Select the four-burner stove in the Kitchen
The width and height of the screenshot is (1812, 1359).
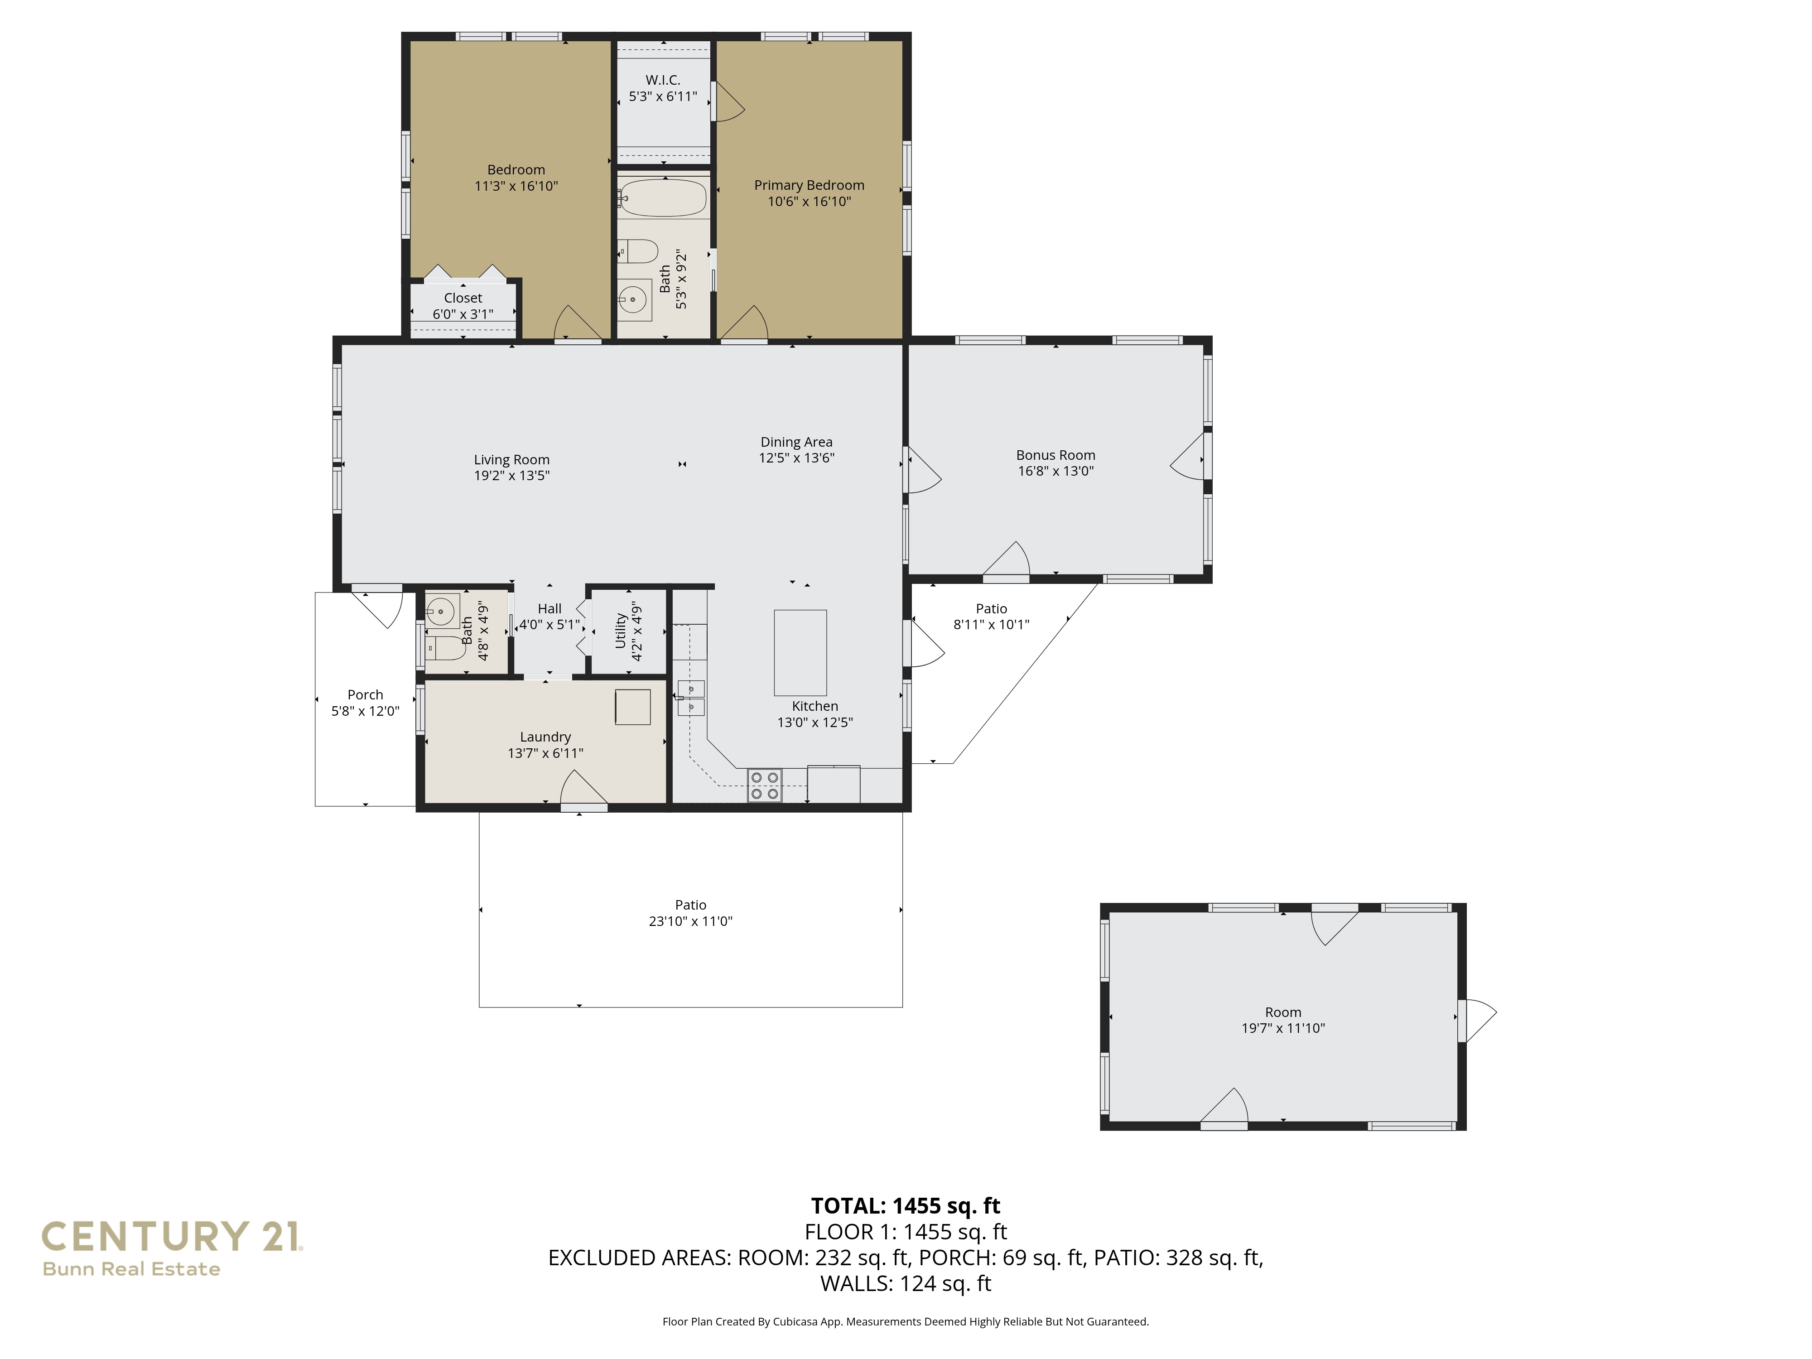(x=764, y=785)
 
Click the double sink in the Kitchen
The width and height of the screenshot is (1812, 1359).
(x=690, y=698)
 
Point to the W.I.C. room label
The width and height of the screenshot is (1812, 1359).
(x=663, y=80)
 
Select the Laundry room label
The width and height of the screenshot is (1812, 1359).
(x=545, y=737)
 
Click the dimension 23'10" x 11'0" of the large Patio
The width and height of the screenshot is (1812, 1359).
(x=690, y=921)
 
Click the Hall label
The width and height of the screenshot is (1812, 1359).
(x=549, y=609)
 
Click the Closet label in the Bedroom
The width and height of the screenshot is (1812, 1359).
(x=463, y=298)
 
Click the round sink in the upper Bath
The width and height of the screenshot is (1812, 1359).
(x=632, y=300)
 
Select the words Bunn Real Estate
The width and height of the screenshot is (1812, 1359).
(x=131, y=1269)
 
